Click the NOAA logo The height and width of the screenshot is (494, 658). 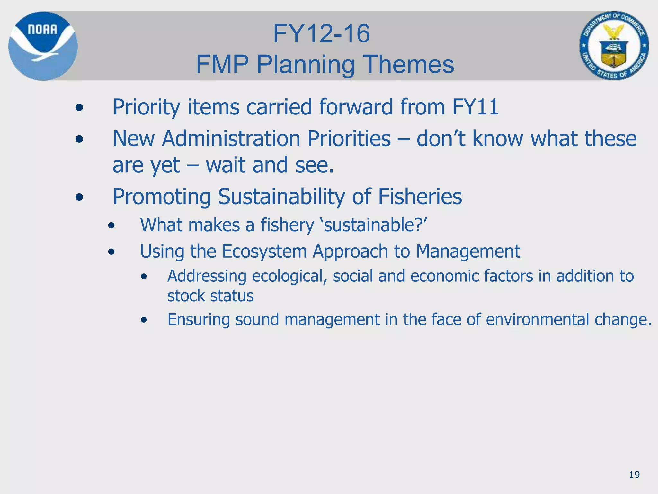tap(43, 46)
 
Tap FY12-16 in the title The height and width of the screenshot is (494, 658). tap(321, 34)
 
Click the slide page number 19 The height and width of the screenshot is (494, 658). tap(634, 475)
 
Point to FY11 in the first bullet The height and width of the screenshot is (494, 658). tap(475, 107)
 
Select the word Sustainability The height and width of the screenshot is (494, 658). tap(281, 197)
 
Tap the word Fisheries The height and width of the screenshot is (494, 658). tap(420, 197)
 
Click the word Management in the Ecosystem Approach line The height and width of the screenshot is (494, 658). tap(468, 251)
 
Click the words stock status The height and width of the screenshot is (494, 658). tap(210, 296)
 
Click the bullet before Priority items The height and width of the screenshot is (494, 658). tap(79, 108)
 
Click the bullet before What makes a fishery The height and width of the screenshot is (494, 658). tap(111, 226)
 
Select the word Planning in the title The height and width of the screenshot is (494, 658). tap(305, 64)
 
